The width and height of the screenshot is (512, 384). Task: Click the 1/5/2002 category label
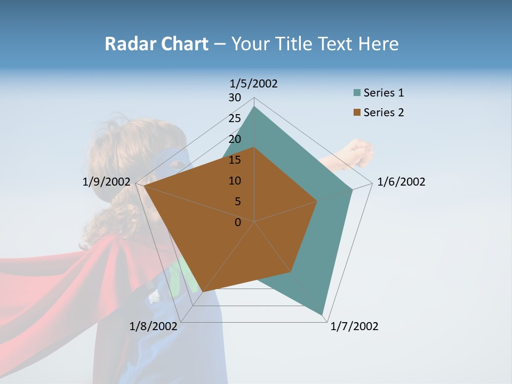click(253, 84)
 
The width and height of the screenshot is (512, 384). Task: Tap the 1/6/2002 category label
click(401, 182)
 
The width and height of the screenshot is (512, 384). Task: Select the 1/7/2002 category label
click(354, 326)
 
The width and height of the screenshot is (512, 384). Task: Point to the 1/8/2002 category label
click(153, 326)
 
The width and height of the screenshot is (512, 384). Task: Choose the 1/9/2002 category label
click(107, 182)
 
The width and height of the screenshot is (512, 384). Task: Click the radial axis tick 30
click(235, 98)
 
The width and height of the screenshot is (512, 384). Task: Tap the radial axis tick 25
click(235, 118)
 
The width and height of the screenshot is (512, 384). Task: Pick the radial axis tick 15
click(235, 160)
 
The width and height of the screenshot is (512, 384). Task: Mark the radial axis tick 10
click(235, 181)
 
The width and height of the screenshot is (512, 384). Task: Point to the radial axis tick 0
click(238, 222)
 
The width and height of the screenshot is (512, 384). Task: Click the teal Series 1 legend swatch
click(357, 93)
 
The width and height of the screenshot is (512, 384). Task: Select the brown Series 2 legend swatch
click(357, 113)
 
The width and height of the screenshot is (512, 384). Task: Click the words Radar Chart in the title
click(156, 44)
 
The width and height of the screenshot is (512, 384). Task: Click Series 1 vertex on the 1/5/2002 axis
click(254, 107)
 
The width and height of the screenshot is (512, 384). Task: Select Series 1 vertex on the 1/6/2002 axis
click(353, 189)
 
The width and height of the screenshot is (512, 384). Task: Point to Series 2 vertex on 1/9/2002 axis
click(144, 186)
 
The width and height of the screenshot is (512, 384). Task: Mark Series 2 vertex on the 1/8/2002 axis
click(203, 292)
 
